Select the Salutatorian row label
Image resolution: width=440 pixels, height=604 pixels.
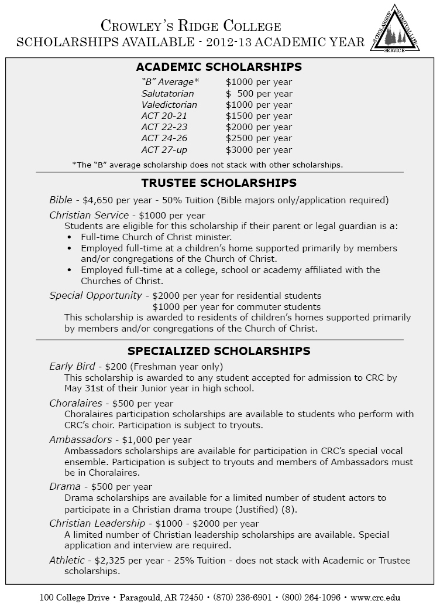coord(167,94)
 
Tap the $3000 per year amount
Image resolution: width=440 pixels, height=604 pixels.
coord(259,149)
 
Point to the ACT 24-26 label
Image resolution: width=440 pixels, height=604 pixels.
coord(164,138)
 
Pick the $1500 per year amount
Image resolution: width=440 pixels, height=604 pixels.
coord(259,116)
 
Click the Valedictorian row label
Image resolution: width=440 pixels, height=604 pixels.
coord(169,105)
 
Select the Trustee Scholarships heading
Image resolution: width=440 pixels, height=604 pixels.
coord(219,183)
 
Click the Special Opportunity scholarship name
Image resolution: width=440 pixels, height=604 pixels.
coord(95,295)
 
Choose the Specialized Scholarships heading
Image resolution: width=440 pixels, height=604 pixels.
coord(219,351)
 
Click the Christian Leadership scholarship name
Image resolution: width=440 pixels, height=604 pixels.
coord(97,523)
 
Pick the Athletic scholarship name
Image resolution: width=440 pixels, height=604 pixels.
coord(66,560)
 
